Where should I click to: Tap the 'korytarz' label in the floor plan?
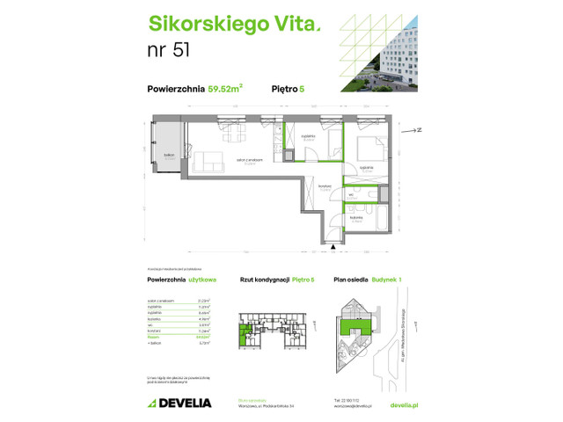325,186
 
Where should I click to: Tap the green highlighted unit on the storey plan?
244,334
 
